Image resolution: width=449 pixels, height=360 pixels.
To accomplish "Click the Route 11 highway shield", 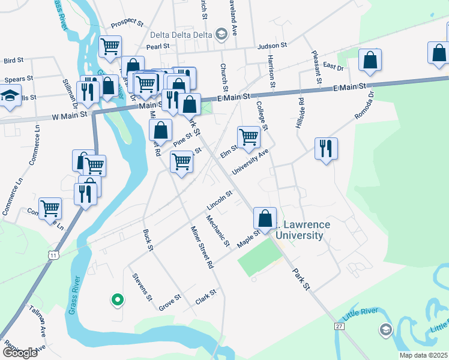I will (54, 255).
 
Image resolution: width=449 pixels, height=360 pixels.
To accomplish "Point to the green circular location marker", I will (118, 299).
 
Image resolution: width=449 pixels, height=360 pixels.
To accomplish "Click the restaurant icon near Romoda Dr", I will (326, 148).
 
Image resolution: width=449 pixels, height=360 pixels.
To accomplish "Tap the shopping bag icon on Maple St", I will (265, 218).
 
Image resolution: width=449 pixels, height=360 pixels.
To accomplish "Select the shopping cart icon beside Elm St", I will (249, 137).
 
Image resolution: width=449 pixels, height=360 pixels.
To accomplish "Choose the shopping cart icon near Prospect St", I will (110, 46).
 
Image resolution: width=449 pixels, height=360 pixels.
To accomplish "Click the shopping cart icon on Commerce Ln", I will (50, 208).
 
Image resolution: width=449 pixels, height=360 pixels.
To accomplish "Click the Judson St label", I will (272, 45).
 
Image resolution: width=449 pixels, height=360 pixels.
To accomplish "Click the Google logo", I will (20, 352).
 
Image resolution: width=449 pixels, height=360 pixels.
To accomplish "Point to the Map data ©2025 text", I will (423, 355).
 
